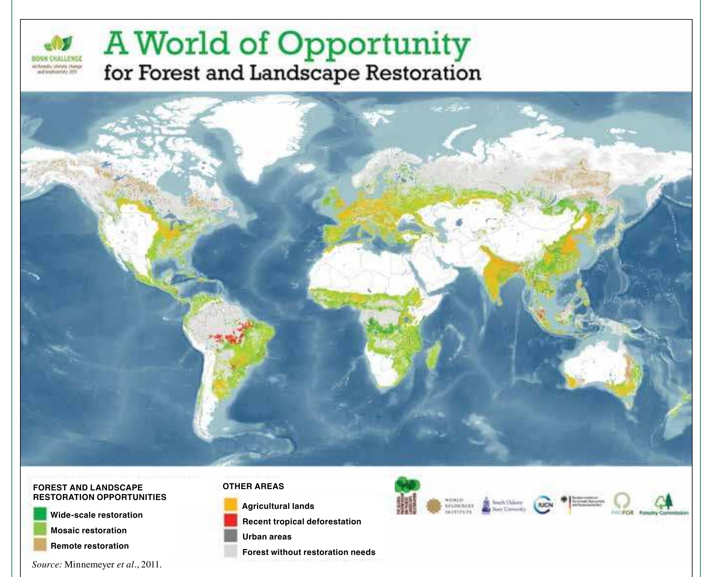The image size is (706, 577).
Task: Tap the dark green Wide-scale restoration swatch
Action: click(x=40, y=515)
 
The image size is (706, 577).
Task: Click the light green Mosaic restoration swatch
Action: click(x=40, y=530)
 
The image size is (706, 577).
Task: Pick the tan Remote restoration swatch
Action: click(x=40, y=545)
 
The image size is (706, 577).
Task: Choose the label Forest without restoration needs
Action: click(x=309, y=552)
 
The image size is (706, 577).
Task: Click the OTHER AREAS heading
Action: click(x=253, y=486)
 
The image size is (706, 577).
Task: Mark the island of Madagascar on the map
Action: click(x=434, y=355)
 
